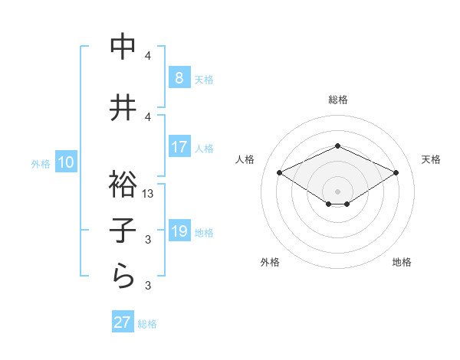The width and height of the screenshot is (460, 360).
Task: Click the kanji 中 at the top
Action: coord(123,47)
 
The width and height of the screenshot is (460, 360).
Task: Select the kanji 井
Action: coord(123,108)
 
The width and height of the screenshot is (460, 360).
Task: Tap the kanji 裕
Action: coord(123,184)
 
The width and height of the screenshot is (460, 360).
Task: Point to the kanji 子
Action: coord(123,230)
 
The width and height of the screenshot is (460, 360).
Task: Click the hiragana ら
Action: coord(123,276)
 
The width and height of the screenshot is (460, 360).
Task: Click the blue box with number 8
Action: coord(179,78)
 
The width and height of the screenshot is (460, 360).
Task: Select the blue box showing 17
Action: coord(179,147)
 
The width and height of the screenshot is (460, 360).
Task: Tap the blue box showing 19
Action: coord(179,232)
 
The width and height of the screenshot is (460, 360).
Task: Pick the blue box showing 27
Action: coord(123,322)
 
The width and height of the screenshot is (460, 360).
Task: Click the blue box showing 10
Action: coord(65,162)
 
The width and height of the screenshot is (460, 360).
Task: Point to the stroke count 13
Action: coord(149,194)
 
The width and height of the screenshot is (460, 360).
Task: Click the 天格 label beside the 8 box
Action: coord(203,80)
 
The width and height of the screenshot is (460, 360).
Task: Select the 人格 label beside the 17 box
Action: coord(203,148)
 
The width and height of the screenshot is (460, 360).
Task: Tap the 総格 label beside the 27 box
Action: coord(147,324)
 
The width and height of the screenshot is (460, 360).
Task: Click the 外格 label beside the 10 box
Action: coord(41,164)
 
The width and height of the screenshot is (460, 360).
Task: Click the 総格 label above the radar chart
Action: coord(337,100)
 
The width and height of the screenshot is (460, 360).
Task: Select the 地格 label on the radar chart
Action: coord(402,262)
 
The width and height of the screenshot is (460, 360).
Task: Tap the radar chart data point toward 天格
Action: coord(396,173)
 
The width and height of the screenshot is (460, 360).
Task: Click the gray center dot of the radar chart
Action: coord(337,191)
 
